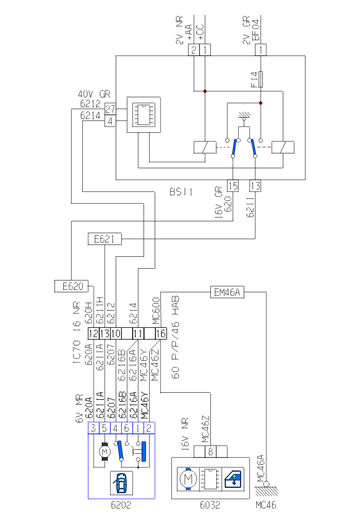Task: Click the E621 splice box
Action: coord(104,239)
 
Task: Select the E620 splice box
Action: coord(71,286)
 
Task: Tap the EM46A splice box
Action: coord(227,292)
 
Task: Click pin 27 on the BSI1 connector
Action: coord(110,109)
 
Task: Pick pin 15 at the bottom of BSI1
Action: coord(232,186)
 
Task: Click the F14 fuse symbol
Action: coord(261,79)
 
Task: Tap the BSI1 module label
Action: coord(181,192)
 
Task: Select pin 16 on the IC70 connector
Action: coord(160,334)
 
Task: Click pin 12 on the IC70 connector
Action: coord(93,334)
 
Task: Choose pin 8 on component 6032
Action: coord(210,451)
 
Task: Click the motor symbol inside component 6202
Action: coord(105,451)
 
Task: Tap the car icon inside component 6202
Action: coord(121,484)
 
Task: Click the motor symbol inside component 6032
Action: coord(188,480)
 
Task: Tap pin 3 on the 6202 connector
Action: coord(94,428)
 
